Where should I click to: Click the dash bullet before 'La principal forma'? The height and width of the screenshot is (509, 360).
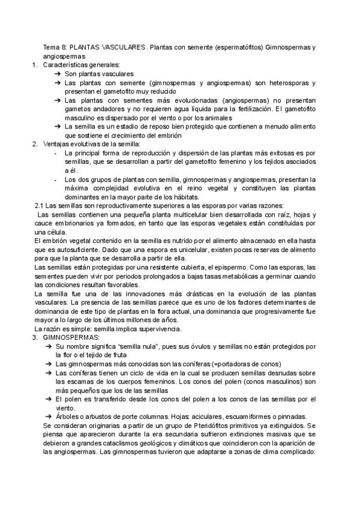[55, 154]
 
